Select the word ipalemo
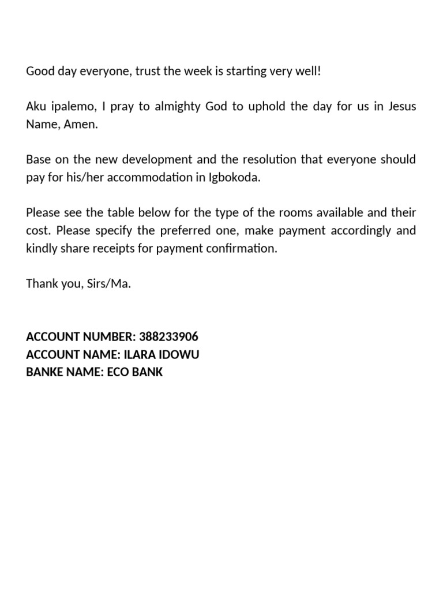pos(73,107)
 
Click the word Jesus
pos(402,107)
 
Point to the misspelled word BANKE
pos(45,372)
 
